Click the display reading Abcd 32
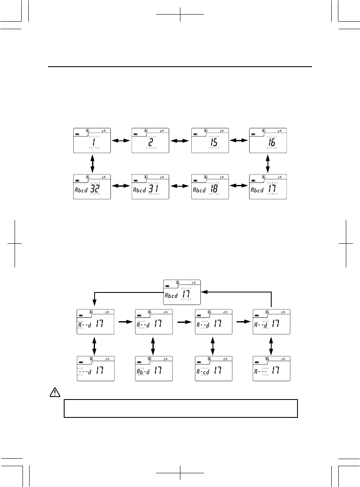pos(92,187)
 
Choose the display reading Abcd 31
pos(151,187)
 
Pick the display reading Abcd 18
pos(210,187)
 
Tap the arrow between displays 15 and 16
pos(239,142)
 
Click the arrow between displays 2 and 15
pos(180,142)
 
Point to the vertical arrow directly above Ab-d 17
pos(153,345)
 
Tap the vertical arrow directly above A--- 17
pos(271,345)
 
